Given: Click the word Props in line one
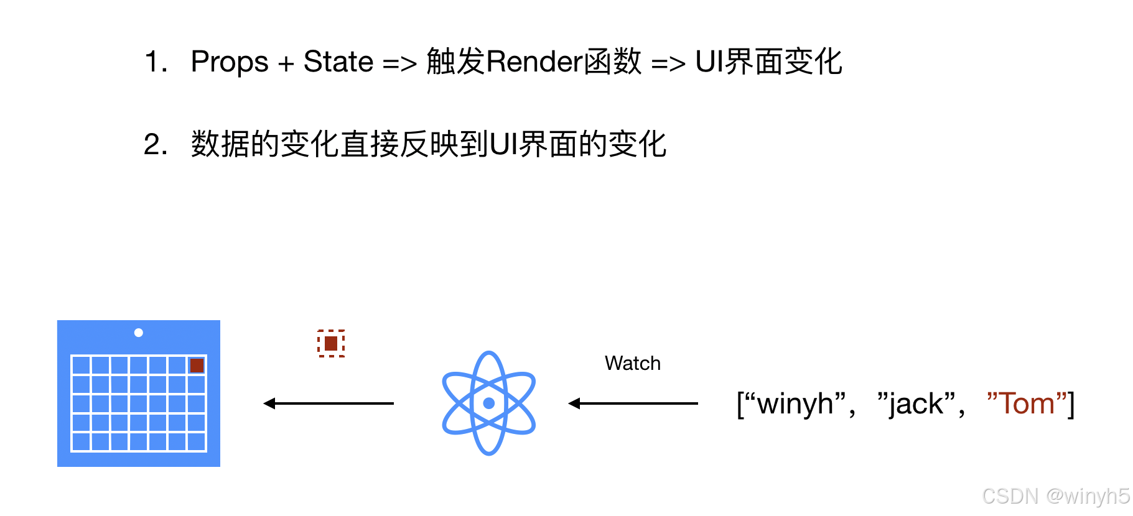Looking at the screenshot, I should click(229, 62).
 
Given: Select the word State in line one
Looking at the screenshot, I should click(338, 62).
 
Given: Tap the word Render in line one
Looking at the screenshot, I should click(534, 62).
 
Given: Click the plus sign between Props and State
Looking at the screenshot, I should click(286, 63).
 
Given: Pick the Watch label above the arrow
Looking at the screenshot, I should click(632, 363).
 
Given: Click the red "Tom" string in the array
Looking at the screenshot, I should click(1027, 404).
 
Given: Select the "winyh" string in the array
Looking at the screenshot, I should click(795, 404).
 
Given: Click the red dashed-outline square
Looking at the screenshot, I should click(331, 343).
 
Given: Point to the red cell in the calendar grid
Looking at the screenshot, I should click(197, 366).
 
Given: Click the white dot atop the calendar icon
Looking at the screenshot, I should click(139, 333).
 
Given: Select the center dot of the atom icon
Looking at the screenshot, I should click(489, 403).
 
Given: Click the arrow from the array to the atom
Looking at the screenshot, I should click(633, 403).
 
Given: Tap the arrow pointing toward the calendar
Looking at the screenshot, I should click(329, 403).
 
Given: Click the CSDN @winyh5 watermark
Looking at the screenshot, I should click(1055, 495).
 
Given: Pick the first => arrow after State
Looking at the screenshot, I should click(399, 63).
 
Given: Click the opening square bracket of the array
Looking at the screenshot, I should click(740, 404).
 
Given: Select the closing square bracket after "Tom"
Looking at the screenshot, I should click(1071, 404).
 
